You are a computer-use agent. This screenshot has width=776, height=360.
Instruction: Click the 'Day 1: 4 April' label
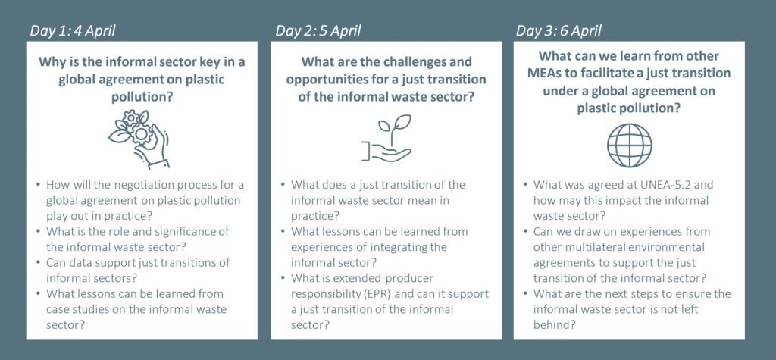(x=73, y=31)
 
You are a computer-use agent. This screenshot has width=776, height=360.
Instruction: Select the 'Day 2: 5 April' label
(x=318, y=31)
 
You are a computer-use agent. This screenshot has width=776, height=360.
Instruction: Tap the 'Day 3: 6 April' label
(x=559, y=31)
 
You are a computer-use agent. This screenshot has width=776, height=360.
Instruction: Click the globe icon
(x=629, y=145)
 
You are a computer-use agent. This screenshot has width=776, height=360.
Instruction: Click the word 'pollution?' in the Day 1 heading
(x=142, y=96)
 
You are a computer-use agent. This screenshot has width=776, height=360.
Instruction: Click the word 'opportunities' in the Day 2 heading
(x=328, y=80)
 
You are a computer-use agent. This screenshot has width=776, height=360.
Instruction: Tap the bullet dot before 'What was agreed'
(x=525, y=185)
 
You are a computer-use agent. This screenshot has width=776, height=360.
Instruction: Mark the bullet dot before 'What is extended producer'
(x=283, y=278)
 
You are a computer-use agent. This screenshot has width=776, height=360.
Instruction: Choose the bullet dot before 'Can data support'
(x=38, y=262)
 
